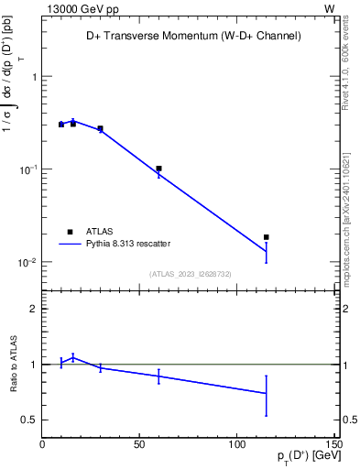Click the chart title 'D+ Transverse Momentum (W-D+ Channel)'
tap(187, 36)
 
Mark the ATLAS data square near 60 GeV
tap(158, 169)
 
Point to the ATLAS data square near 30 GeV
tap(101, 129)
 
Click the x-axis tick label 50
tap(139, 446)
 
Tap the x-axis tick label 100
tap(236, 446)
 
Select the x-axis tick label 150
tap(333, 446)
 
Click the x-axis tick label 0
tap(42, 446)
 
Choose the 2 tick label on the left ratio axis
tap(33, 309)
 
